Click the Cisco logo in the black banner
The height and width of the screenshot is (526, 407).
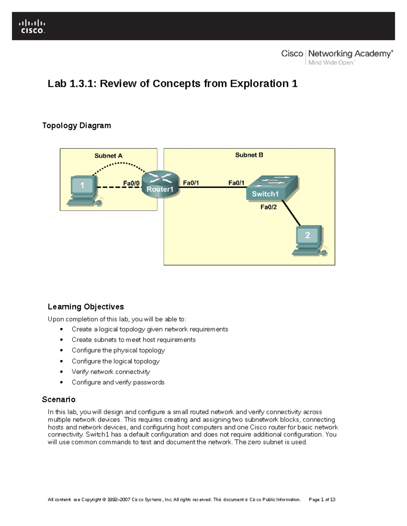click(32, 26)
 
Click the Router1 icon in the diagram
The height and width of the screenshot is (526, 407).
click(160, 183)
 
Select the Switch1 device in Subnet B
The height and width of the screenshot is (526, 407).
click(272, 188)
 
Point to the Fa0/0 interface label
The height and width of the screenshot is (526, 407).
click(131, 183)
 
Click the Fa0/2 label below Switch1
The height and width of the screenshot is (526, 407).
click(269, 207)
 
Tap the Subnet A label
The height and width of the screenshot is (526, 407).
click(108, 156)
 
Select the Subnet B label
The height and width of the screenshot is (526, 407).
click(249, 155)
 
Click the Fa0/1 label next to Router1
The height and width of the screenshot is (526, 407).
click(191, 183)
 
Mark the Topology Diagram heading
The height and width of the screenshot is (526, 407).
click(76, 126)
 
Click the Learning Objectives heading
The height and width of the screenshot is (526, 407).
click(86, 307)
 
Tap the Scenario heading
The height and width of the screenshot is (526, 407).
click(59, 400)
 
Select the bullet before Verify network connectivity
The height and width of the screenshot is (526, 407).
click(61, 372)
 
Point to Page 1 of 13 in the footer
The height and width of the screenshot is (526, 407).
click(322, 500)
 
